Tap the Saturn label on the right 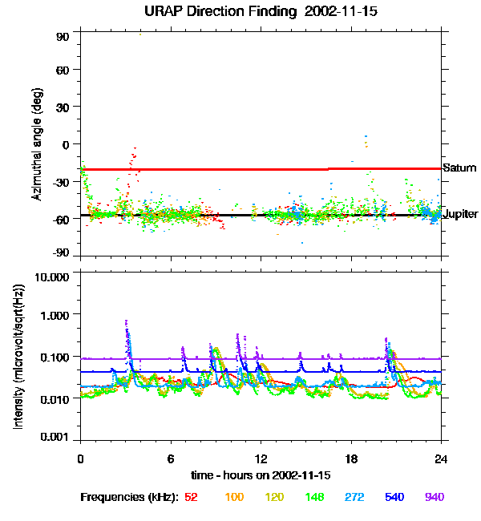[x=459, y=168]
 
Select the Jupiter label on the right [x=461, y=214]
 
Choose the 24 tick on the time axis [x=441, y=458]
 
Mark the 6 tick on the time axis [x=171, y=458]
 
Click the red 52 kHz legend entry [x=192, y=497]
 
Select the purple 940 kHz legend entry [x=434, y=497]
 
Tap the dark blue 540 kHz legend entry [x=394, y=497]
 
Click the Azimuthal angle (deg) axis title [x=37, y=144]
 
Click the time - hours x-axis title [x=260, y=475]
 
